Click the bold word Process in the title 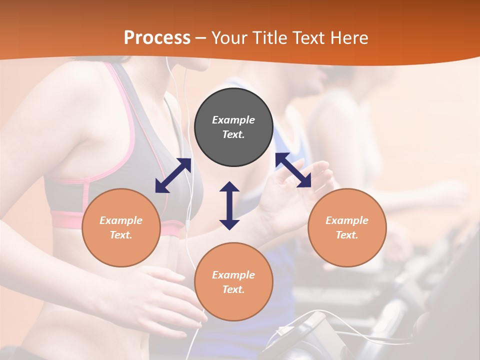157,37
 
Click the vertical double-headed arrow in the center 229,205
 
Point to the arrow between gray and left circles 173,175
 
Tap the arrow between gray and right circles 293,170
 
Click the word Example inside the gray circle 233,120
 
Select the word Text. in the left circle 121,235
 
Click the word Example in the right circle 347,220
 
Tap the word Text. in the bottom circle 233,289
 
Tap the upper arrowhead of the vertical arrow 229,186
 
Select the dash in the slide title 201,38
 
